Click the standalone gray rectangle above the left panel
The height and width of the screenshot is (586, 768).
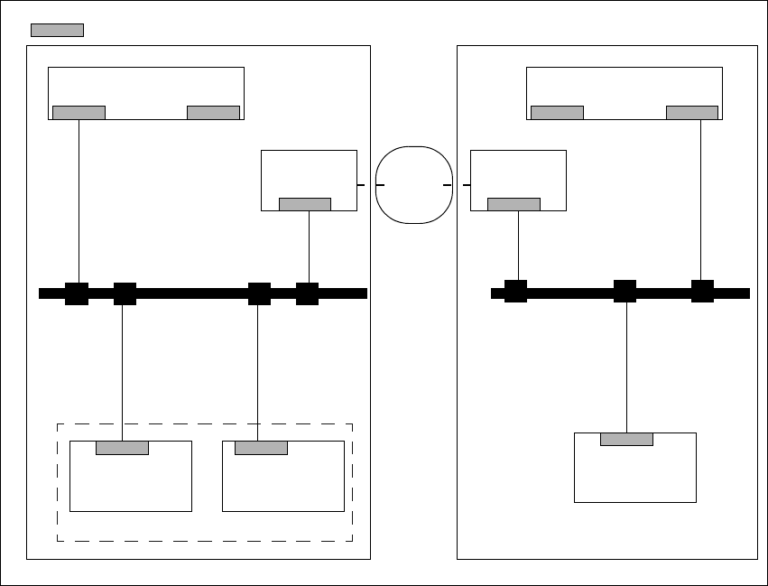(x=57, y=30)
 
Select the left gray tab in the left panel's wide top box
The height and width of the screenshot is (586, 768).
(x=79, y=113)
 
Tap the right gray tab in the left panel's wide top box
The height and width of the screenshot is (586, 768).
(x=213, y=113)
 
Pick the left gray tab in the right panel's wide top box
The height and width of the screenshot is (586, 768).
(x=557, y=113)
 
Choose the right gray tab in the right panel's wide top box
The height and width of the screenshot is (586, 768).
(x=692, y=113)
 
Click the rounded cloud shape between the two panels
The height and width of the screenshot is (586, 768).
(x=413, y=184)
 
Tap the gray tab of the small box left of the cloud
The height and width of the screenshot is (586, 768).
(x=305, y=204)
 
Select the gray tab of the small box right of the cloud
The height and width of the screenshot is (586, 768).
(x=514, y=204)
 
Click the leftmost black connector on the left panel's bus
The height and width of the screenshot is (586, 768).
(x=77, y=293)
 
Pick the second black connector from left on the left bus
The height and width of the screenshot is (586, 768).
(x=125, y=293)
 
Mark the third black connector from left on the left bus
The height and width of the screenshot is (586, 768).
(x=259, y=293)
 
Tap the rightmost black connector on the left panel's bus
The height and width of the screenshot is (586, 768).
(x=308, y=293)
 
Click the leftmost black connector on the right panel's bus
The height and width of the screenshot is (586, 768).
(x=515, y=291)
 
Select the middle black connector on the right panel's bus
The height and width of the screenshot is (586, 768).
(x=625, y=291)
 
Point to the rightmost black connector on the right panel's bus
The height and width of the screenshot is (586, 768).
(x=702, y=291)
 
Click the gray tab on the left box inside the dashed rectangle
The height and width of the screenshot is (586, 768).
(x=122, y=448)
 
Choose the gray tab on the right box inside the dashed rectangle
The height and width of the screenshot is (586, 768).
(x=261, y=448)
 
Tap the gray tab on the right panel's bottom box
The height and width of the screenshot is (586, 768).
(x=626, y=440)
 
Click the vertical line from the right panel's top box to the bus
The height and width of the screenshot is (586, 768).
(x=701, y=199)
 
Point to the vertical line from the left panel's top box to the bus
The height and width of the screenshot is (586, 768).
(x=79, y=199)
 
